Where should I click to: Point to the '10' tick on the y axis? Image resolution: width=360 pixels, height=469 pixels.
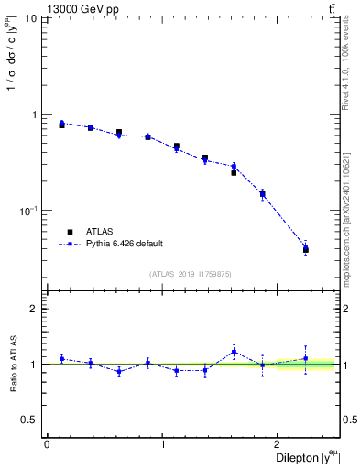click(30, 19)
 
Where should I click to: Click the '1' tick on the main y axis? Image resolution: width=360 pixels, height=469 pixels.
click(34, 115)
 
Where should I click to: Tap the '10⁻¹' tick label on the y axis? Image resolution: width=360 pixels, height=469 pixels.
click(28, 211)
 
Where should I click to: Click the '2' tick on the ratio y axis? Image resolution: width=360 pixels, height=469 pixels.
click(34, 309)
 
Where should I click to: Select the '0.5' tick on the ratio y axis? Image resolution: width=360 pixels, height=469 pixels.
click(29, 420)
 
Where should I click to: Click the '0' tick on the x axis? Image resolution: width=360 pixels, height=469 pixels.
click(47, 445)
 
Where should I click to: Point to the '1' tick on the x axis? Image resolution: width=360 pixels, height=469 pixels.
click(163, 445)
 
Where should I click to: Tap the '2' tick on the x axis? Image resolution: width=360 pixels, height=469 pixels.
click(279, 445)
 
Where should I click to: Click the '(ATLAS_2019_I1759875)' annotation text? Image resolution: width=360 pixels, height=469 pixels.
click(191, 274)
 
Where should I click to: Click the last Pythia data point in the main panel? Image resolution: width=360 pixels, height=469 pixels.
click(305, 246)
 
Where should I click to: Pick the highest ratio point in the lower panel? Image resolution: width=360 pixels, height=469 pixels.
click(234, 352)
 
